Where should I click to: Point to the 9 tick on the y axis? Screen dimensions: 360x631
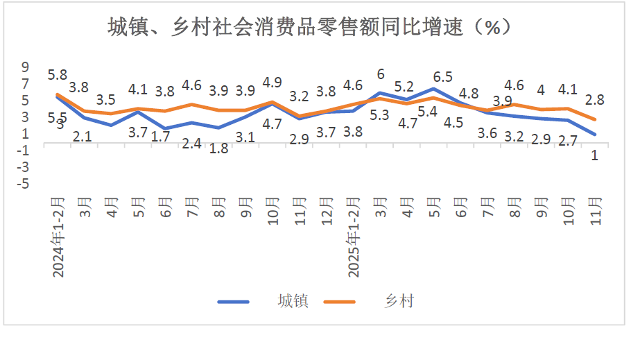[26, 67]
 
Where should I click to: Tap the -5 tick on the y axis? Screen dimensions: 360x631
[24, 184]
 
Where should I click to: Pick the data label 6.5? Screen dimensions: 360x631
[442, 76]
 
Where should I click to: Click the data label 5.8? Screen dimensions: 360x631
[58, 75]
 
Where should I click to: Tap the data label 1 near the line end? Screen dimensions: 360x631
[594, 155]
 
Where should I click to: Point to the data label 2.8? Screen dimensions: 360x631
[594, 100]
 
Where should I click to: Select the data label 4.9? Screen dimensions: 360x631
[273, 83]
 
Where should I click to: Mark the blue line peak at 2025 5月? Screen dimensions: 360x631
[433, 89]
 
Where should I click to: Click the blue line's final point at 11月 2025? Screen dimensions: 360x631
[595, 135]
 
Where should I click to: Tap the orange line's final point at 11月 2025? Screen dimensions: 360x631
[595, 119]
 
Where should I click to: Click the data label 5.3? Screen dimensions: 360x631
[379, 115]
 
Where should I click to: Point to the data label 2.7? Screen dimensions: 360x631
[568, 141]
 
